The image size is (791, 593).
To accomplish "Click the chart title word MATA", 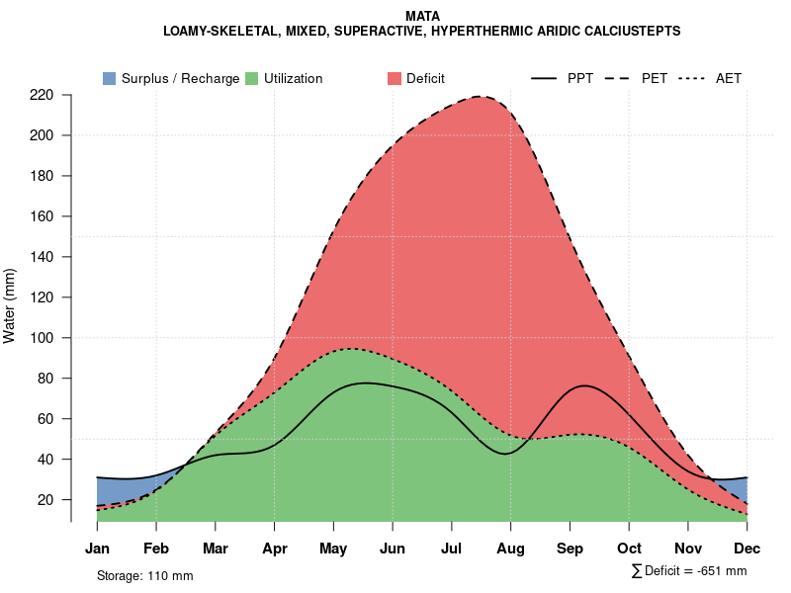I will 423,16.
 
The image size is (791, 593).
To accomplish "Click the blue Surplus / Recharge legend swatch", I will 109,78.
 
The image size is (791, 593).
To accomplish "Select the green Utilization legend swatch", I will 251,78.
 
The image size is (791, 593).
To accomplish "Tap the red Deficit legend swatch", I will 394,78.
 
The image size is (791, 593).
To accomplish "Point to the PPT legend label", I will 580,78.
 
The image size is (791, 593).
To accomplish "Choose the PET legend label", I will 655,78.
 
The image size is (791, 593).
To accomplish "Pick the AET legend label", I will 729,78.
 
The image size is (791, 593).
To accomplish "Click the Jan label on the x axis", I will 97,549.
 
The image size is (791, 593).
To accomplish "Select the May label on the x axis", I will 333,549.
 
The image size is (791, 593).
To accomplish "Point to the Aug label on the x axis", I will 510,549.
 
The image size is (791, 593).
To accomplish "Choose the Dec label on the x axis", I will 747,549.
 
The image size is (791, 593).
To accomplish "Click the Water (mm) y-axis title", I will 10,305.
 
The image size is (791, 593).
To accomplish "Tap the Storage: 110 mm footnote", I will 144,575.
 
